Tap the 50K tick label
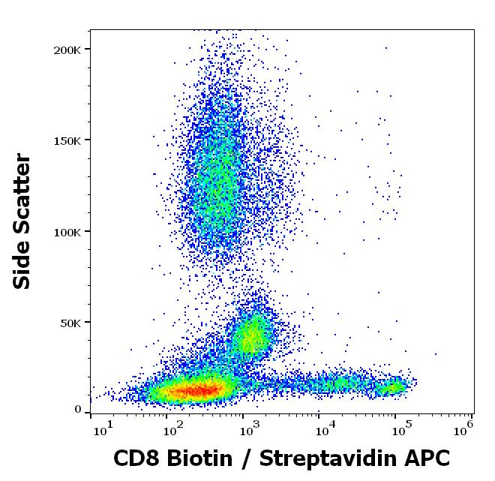pos(73,323)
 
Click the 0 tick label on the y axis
pos(78,410)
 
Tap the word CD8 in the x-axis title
pos(137,457)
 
